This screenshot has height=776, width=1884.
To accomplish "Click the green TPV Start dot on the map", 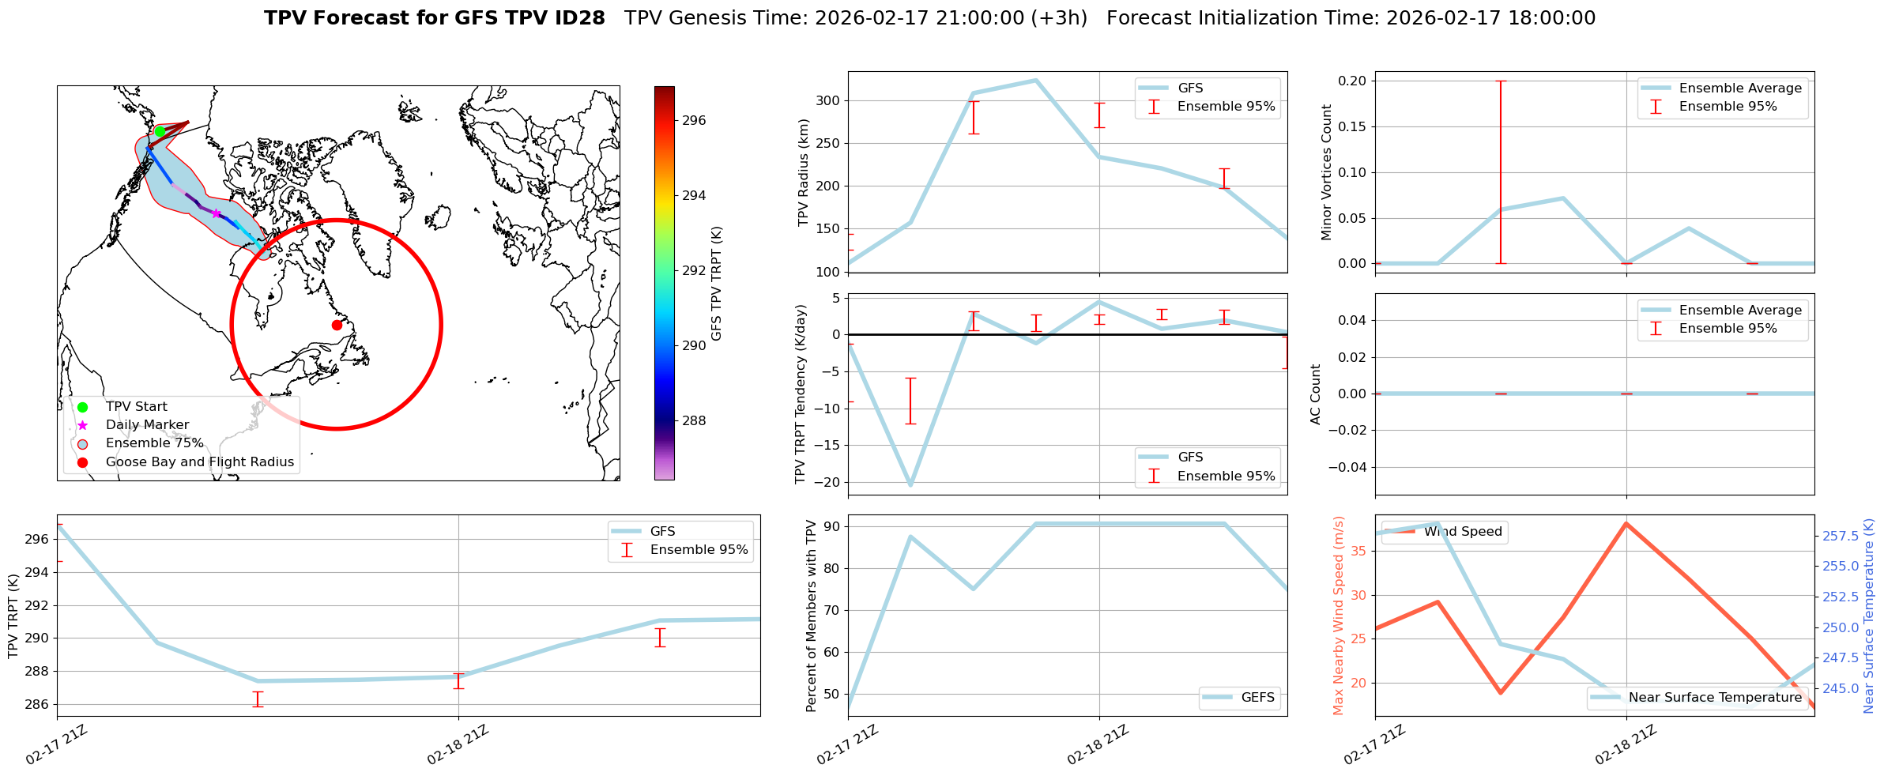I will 160,131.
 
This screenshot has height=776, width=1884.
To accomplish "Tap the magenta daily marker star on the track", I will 216,213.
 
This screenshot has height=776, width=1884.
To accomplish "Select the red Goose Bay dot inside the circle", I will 337,325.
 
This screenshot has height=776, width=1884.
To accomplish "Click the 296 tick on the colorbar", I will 693,120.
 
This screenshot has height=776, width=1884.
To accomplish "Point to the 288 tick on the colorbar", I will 693,420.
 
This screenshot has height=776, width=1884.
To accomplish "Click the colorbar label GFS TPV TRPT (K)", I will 717,284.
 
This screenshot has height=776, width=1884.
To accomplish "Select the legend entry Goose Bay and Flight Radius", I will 199,461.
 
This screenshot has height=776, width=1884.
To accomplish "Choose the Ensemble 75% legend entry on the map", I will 154,443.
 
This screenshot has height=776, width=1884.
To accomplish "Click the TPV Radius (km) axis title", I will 804,172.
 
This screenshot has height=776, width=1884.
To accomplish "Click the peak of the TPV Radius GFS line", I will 1035,80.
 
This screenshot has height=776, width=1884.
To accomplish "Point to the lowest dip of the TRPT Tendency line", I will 910,484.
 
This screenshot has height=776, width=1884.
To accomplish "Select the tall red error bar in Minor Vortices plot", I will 1500,171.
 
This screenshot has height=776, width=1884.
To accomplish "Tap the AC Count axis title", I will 1316,394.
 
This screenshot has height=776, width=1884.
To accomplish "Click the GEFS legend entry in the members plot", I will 1257,697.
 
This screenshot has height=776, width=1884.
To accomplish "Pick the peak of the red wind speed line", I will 1626,523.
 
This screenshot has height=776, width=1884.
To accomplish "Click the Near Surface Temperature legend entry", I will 1714,697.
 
